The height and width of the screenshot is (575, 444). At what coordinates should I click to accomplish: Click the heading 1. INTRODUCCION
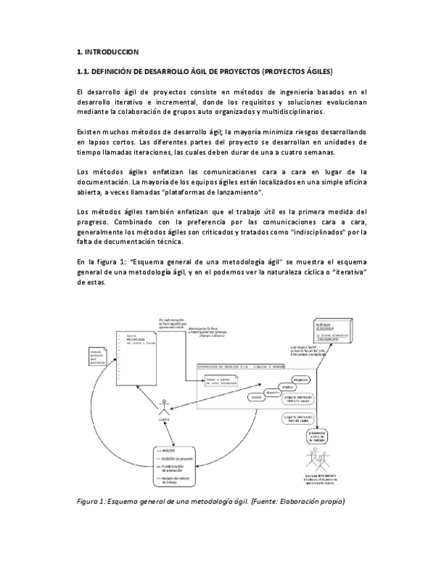pyautogui.click(x=108, y=52)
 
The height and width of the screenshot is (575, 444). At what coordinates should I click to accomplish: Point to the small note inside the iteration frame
pyautogui.click(x=220, y=382)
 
